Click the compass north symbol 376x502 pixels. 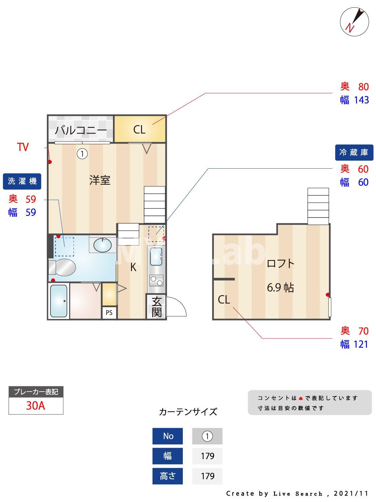click(x=354, y=22)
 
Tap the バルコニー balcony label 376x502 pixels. click(x=81, y=130)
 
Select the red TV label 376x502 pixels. click(x=23, y=147)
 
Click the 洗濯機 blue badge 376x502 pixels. click(x=22, y=181)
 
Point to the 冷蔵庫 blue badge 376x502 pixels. click(x=354, y=153)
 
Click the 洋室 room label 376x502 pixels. click(x=100, y=180)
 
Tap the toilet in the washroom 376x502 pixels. click(x=63, y=267)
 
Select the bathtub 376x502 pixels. click(x=59, y=301)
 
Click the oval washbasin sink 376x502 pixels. click(x=102, y=245)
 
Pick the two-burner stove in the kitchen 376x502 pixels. click(x=156, y=280)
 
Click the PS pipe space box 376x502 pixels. click(x=109, y=313)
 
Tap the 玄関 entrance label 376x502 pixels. click(x=156, y=307)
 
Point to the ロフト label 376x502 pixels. click(x=280, y=263)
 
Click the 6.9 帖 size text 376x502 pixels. click(x=280, y=287)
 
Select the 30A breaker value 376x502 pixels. click(x=35, y=406)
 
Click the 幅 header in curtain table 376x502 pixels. click(x=167, y=456)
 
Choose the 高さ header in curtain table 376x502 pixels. click(x=167, y=476)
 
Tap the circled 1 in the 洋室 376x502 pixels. click(x=82, y=154)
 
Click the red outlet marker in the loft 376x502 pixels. click(x=328, y=295)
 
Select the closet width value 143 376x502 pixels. click(x=361, y=100)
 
